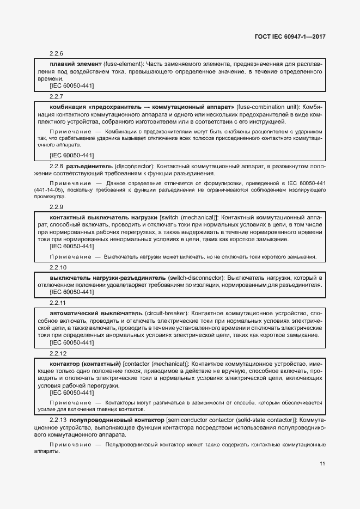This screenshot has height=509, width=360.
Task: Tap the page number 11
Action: click(322, 464)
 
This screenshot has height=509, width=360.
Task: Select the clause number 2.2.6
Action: click(57, 53)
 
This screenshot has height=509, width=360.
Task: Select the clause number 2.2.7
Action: click(57, 96)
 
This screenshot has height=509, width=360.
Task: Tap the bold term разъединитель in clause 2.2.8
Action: click(89, 165)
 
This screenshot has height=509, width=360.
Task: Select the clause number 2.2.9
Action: click(57, 207)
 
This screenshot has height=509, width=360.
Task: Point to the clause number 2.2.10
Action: click(58, 267)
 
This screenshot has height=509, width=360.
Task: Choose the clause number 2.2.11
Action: click(58, 303)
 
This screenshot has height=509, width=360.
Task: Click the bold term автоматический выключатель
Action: click(96, 314)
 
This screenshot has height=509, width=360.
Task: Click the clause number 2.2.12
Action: click(58, 353)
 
